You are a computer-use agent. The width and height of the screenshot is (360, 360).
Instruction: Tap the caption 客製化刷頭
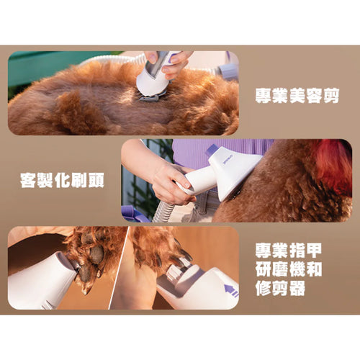[x=61, y=179]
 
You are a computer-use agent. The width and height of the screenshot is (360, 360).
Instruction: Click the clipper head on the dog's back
[x=153, y=85]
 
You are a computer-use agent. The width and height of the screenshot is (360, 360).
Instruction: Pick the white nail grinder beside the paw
[x=43, y=281]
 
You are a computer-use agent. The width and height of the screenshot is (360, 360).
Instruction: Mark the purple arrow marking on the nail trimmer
[x=231, y=291]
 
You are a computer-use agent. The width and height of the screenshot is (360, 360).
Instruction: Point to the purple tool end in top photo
[x=229, y=70]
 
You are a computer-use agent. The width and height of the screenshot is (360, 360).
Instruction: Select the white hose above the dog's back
[x=108, y=60]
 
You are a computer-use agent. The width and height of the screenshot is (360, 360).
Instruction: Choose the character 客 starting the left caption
[x=28, y=179]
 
